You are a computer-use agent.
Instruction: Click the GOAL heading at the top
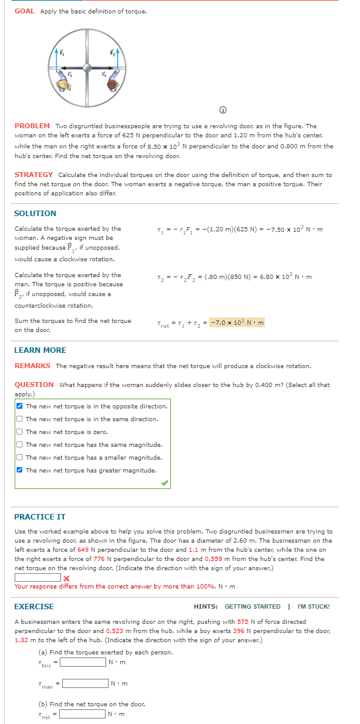[x=24, y=11]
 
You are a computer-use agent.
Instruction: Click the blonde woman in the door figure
[x=64, y=85]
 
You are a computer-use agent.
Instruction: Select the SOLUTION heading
[x=35, y=213]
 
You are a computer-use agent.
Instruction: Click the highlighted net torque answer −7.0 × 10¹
[x=237, y=322]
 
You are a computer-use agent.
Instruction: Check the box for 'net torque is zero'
[x=20, y=432]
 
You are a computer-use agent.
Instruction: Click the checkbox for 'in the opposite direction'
[x=20, y=406]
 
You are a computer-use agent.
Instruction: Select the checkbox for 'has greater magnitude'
[x=20, y=470]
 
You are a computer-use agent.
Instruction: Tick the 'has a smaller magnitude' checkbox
[x=20, y=457]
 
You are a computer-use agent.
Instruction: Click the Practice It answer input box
[x=37, y=577]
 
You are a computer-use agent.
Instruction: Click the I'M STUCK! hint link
[x=313, y=607]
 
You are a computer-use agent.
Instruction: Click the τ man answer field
[x=85, y=682]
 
